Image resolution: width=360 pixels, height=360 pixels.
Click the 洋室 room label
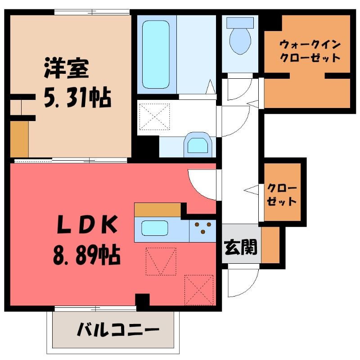67,68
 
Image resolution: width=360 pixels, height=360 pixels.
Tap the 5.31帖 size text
77,98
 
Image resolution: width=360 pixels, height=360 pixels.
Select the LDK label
87,224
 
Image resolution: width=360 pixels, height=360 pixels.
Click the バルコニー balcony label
118,329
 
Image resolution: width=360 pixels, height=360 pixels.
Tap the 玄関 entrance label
241,247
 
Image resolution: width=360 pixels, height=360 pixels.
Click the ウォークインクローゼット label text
310,51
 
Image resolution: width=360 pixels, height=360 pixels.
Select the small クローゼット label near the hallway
282,195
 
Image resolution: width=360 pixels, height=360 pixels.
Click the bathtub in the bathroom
156,54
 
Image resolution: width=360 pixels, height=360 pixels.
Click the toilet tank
240,23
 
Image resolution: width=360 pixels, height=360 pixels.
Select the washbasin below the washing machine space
198,145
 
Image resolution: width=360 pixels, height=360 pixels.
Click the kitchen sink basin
155,228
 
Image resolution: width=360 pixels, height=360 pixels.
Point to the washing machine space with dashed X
154,117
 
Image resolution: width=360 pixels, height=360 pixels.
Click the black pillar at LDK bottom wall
142,300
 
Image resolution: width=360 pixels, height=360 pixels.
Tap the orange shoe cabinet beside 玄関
270,245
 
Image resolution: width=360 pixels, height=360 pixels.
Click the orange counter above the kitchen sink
157,210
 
